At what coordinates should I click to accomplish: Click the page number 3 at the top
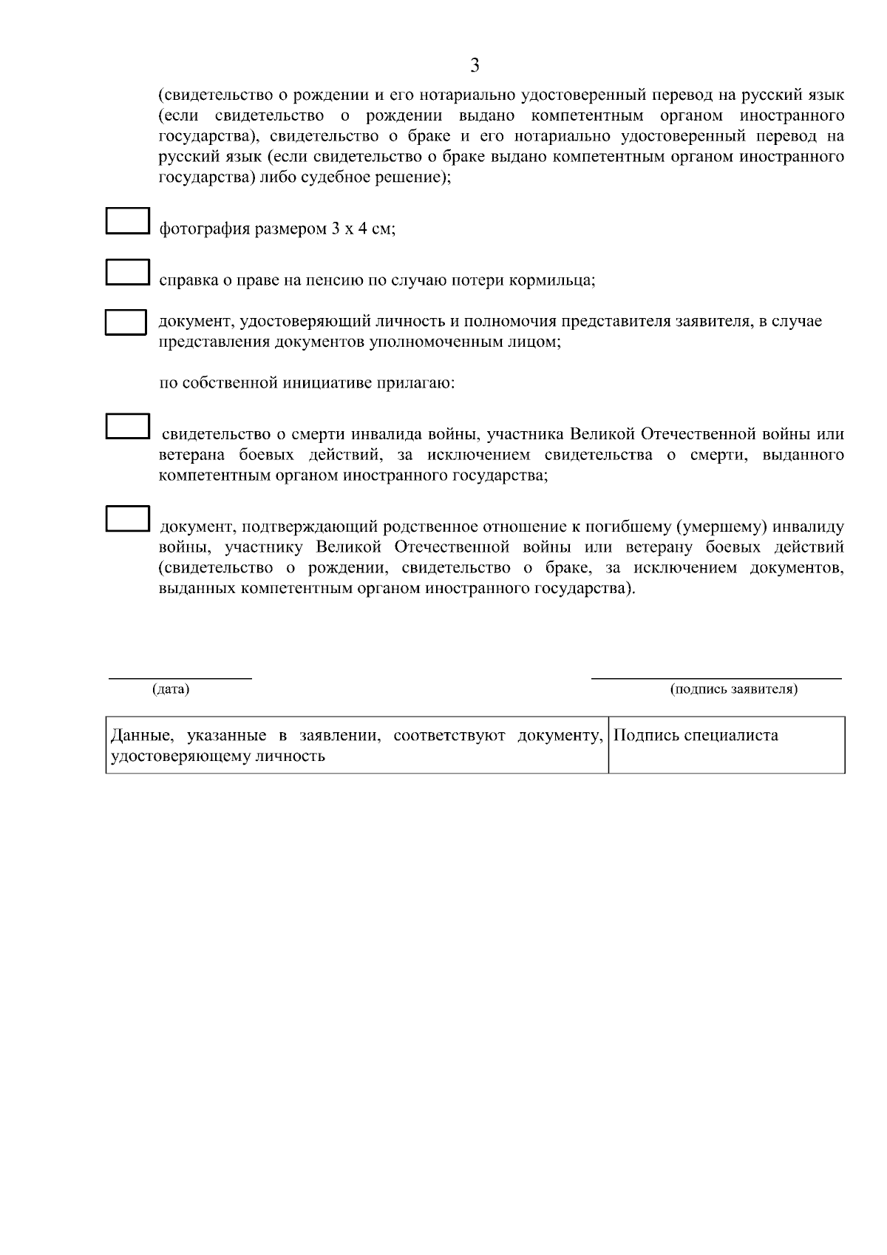click(x=475, y=66)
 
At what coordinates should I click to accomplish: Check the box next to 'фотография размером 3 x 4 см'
click(x=127, y=222)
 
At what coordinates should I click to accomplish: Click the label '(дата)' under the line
click(x=171, y=689)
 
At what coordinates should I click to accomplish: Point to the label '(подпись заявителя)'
click(x=733, y=689)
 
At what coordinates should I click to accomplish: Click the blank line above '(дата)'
click(x=180, y=676)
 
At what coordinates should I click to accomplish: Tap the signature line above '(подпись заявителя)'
click(x=716, y=676)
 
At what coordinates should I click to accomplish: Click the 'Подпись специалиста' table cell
click(x=726, y=744)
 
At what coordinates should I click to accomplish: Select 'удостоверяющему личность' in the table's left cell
click(x=217, y=757)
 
